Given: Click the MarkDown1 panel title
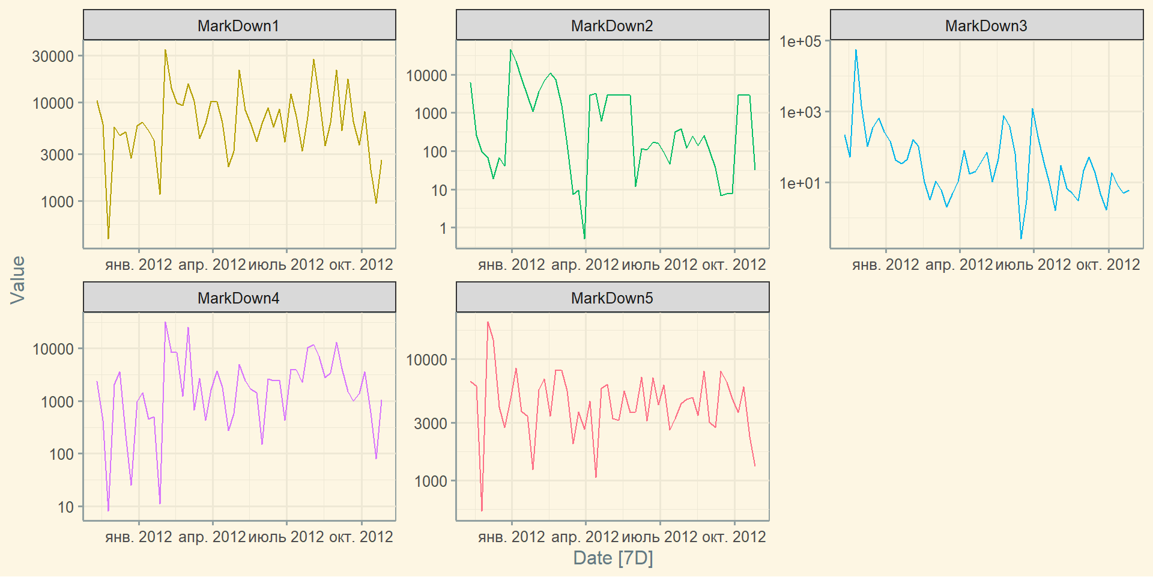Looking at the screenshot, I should (x=238, y=26).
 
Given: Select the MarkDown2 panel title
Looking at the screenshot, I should (x=612, y=26).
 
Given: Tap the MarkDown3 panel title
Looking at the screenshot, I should (x=986, y=26).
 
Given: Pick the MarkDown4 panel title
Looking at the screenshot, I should (x=238, y=298).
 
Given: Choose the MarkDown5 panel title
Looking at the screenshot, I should (x=612, y=298).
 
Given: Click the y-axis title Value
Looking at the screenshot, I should (x=18, y=279).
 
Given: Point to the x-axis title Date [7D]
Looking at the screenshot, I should (x=613, y=558).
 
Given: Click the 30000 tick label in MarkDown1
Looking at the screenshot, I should (x=53, y=56).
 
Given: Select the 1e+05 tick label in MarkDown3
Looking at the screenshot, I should (x=800, y=41).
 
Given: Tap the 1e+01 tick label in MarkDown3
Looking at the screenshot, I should (x=800, y=183).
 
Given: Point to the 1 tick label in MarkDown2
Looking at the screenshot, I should (x=443, y=228).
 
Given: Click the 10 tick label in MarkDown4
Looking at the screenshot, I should (x=65, y=507).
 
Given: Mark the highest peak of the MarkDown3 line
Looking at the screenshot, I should (x=856, y=50).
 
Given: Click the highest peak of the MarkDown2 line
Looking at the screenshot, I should (x=510, y=50).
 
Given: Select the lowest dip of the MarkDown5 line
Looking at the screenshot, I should (x=482, y=511).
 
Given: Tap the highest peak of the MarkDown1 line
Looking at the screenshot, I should (x=165, y=50).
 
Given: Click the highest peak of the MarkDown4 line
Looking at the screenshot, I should (x=165, y=322).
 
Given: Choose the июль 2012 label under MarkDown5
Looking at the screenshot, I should (x=659, y=537).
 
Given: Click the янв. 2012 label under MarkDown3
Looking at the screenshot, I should (x=885, y=264).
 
